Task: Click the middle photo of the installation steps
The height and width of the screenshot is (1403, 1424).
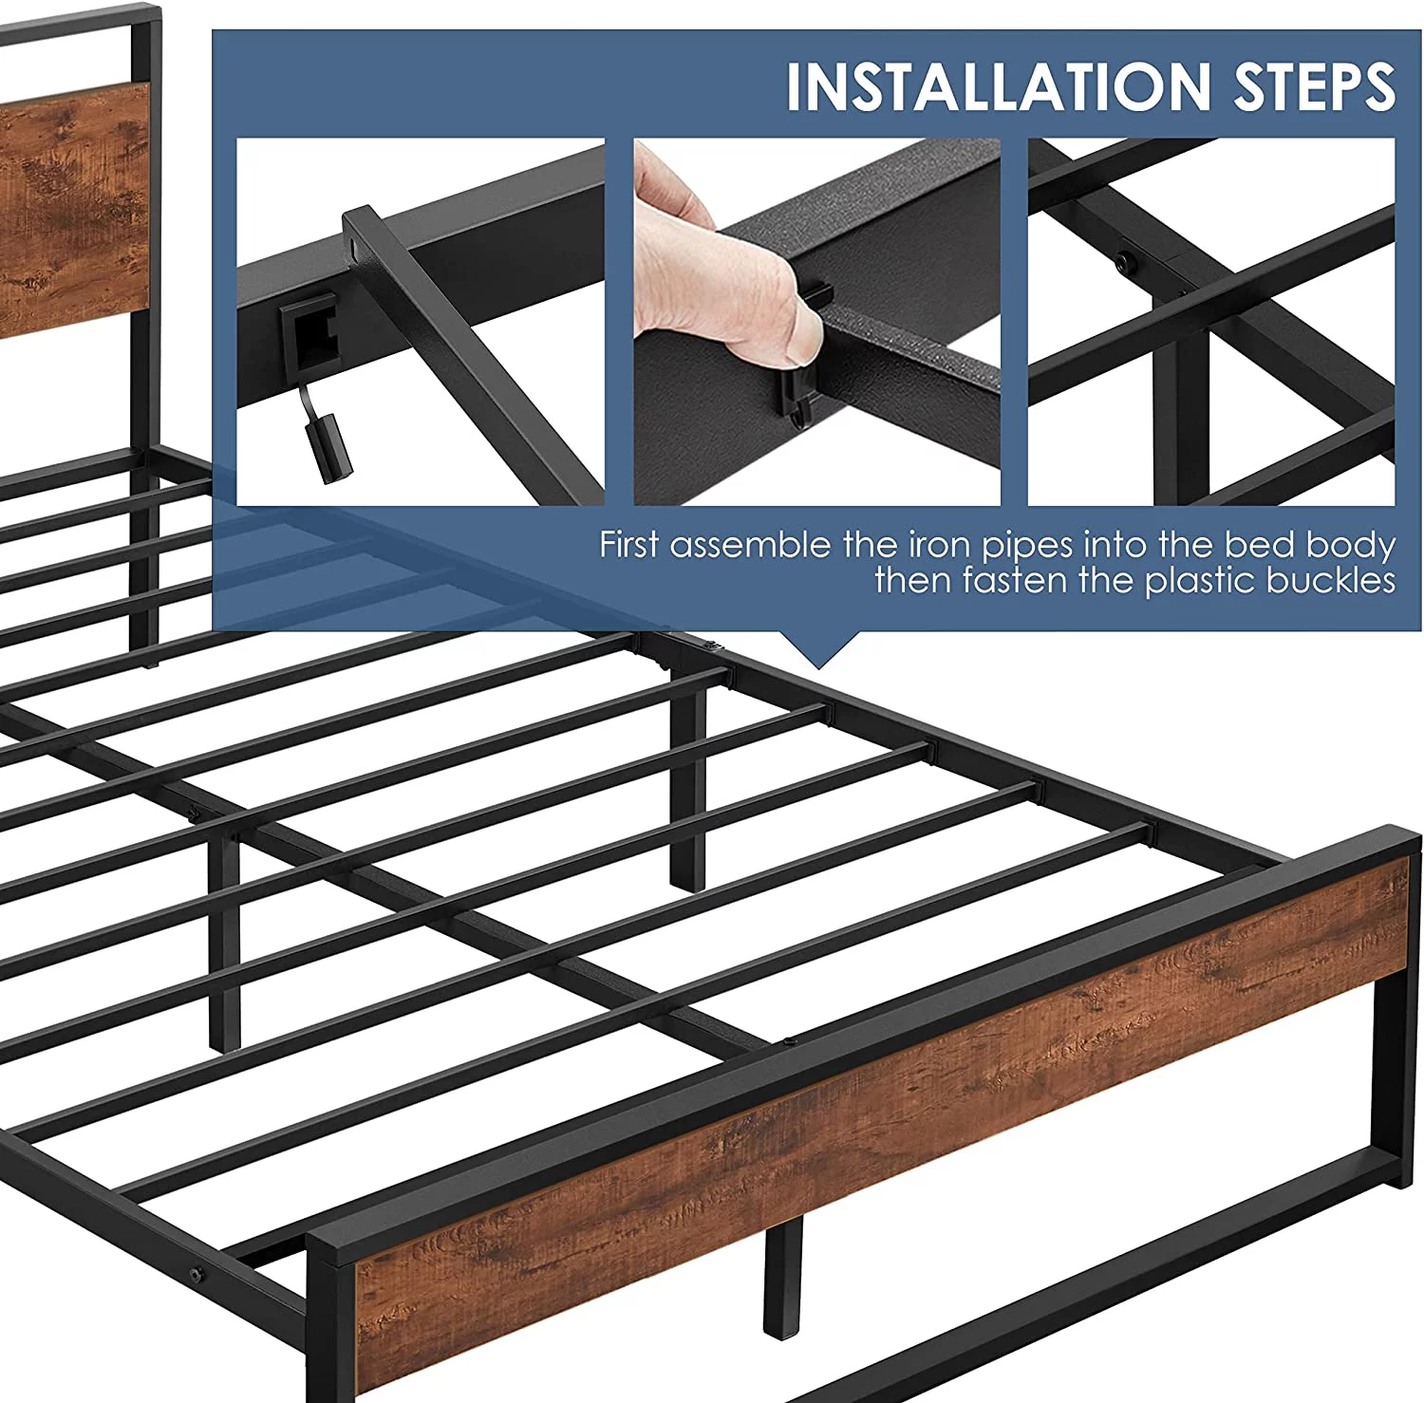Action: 817,322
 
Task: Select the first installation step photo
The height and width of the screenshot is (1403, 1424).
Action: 421,322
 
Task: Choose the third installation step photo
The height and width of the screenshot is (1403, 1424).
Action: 1212,322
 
